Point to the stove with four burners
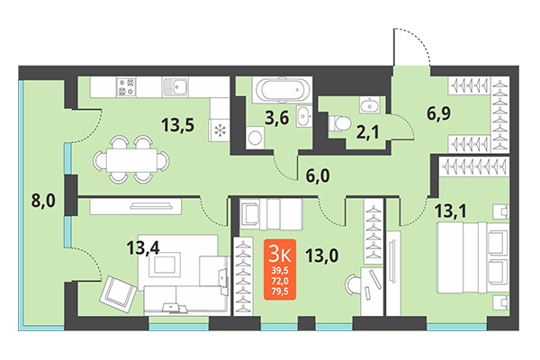(x=126, y=87)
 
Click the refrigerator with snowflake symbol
(x=220, y=128)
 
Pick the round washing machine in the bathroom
(x=255, y=138)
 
